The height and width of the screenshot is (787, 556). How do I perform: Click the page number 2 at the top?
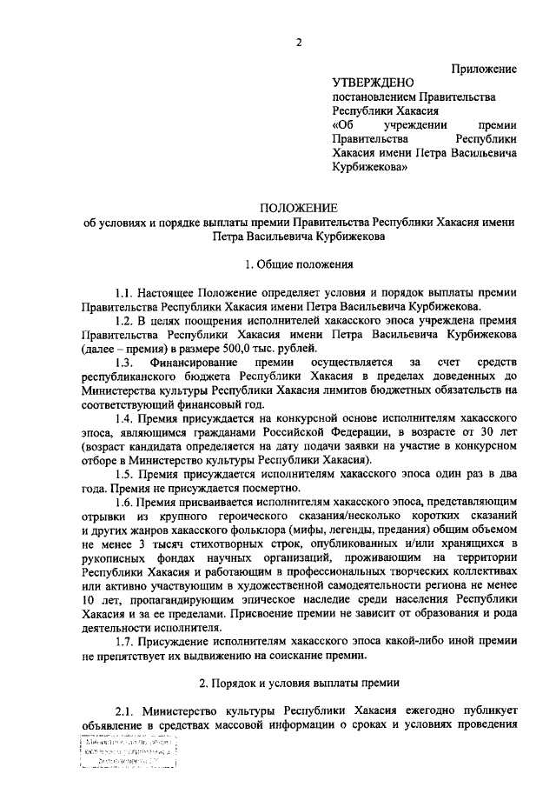pos(297,43)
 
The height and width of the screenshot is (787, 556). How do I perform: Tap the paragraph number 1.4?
pos(128,417)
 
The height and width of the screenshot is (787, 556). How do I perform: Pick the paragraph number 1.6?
pos(128,501)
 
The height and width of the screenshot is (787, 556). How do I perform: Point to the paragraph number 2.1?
pos(127,708)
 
